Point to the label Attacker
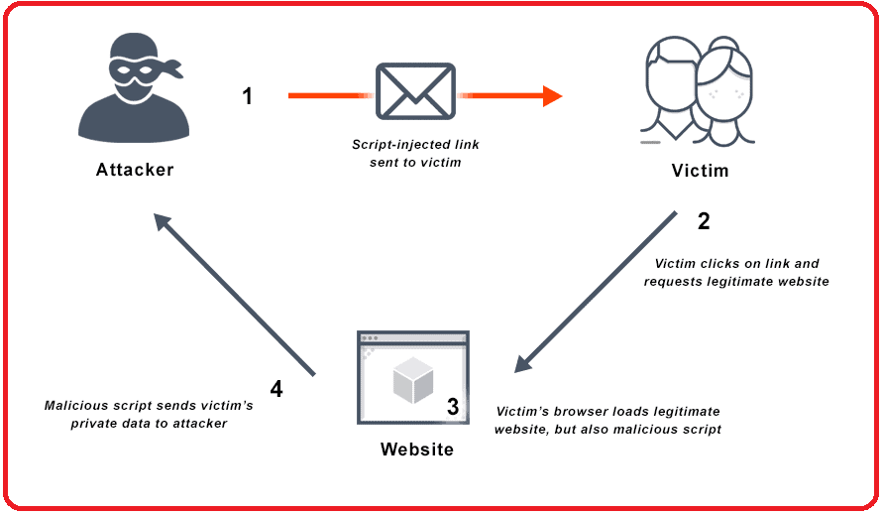click(x=135, y=170)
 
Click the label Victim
click(x=700, y=171)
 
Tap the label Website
click(x=417, y=450)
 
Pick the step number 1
click(x=248, y=96)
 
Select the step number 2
click(x=704, y=221)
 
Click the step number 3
click(x=453, y=407)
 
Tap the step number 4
click(x=276, y=389)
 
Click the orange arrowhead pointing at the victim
click(x=551, y=96)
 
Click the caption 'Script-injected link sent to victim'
click(x=415, y=154)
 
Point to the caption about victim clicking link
click(x=736, y=273)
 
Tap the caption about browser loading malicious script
click(x=608, y=420)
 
